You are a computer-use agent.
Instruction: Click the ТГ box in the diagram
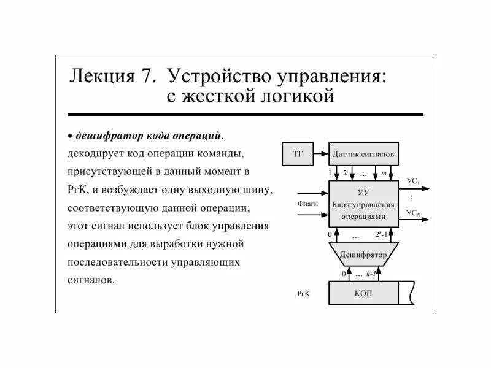pos(297,153)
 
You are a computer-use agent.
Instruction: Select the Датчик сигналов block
pos(363,153)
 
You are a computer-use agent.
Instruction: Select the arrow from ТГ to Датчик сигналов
pos(320,153)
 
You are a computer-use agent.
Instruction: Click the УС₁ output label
pos(413,182)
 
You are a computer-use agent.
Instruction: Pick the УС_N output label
pos(413,213)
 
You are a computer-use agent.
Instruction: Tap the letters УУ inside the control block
pos(363,192)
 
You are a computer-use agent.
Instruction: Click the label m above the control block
pos(384,174)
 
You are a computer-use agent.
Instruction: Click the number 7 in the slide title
pos(146,76)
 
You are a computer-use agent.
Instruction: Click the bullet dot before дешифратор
pos(71,135)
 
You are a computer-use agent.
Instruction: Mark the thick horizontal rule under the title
pos(245,115)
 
